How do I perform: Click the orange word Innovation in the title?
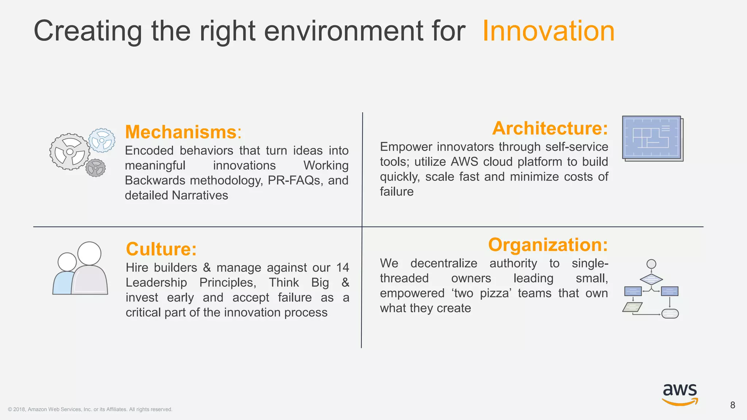(548, 31)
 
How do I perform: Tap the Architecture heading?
(550, 128)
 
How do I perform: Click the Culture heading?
(161, 249)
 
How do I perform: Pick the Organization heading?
(548, 245)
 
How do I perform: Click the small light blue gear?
(102, 140)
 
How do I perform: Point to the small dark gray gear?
(96, 168)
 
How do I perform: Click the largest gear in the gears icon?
(70, 152)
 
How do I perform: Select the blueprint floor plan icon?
(652, 139)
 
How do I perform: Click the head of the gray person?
(89, 253)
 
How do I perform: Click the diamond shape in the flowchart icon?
(651, 279)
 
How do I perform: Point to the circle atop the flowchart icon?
(651, 264)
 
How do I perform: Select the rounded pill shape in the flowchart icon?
(670, 314)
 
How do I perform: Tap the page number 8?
(732, 405)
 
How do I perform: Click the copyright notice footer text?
(90, 409)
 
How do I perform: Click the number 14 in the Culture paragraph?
(342, 268)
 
